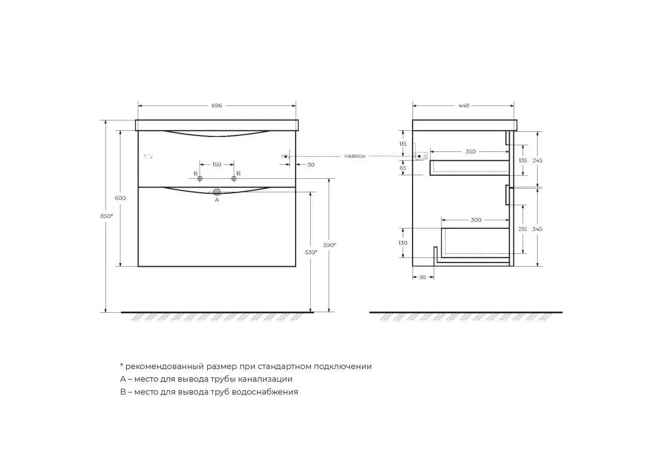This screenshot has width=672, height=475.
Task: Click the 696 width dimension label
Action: click(x=217, y=105)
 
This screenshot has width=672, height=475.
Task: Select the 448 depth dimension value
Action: click(x=464, y=105)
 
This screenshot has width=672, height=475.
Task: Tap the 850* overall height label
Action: click(x=106, y=216)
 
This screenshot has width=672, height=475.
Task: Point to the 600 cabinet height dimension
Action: click(x=120, y=198)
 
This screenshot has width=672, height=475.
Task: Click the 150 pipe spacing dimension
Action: click(x=217, y=164)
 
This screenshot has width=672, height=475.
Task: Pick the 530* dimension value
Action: click(x=311, y=252)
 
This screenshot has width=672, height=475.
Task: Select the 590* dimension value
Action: click(x=329, y=245)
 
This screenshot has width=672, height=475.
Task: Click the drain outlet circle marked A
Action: click(x=217, y=192)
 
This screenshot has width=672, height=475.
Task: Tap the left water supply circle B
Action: click(x=200, y=179)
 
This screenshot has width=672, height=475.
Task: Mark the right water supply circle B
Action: click(x=234, y=179)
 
